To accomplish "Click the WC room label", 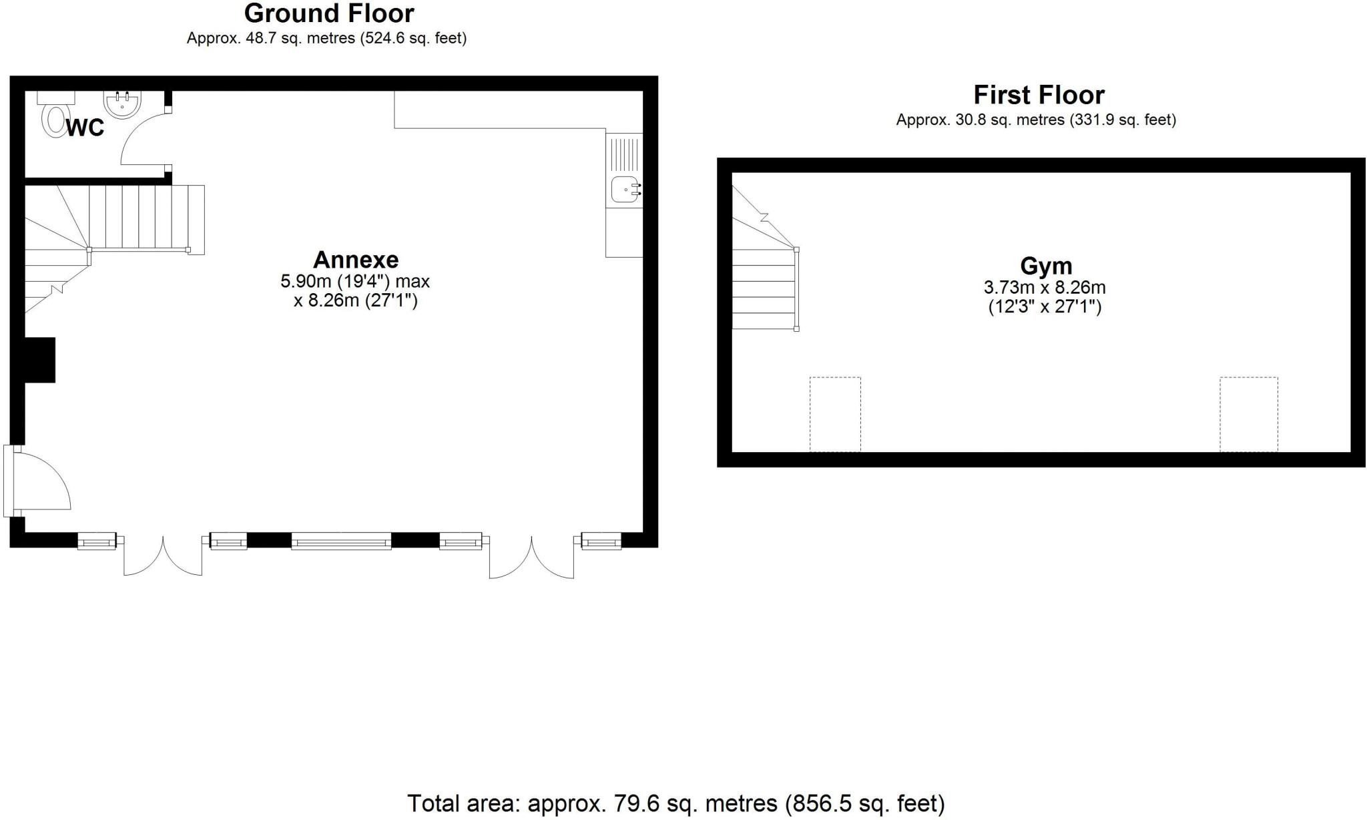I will tap(85, 127).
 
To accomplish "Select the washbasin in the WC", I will tap(122, 104).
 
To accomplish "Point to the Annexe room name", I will tap(356, 259).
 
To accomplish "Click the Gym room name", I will tap(1046, 266).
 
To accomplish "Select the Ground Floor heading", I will tap(329, 13).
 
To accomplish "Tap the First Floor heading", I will tap(1039, 95).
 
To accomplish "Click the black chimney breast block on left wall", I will tap(39, 360).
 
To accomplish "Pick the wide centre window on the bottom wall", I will tap(341, 541).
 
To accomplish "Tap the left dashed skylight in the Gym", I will tap(835, 414).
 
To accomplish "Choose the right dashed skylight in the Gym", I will tap(1248, 414).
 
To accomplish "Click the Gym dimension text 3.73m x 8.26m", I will tap(1045, 288).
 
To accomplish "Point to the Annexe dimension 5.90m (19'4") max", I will tap(355, 281).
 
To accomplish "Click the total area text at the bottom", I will tap(675, 803).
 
